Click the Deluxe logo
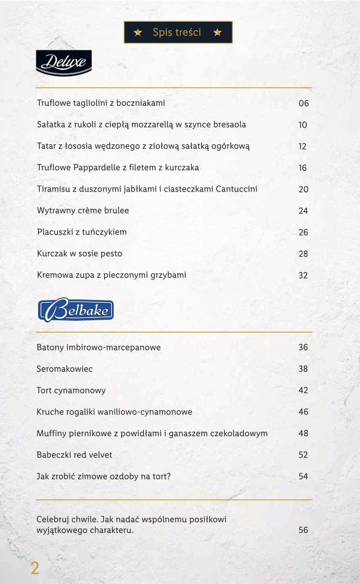[63, 62]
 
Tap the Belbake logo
[76, 310]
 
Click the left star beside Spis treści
[138, 32]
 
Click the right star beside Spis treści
[217, 32]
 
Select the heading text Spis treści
[177, 32]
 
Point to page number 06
[303, 104]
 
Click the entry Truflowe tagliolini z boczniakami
[101, 103]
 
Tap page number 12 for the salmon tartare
[303, 147]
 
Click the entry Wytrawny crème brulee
[83, 211]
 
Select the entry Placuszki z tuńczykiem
[82, 232]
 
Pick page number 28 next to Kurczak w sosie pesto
[303, 254]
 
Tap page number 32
[303, 275]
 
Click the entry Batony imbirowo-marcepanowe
[99, 347]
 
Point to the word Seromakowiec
[64, 369]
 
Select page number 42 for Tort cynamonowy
[303, 390]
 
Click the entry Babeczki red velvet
[74, 455]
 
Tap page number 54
[303, 476]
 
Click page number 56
[303, 530]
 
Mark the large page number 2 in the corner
[35, 569]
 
